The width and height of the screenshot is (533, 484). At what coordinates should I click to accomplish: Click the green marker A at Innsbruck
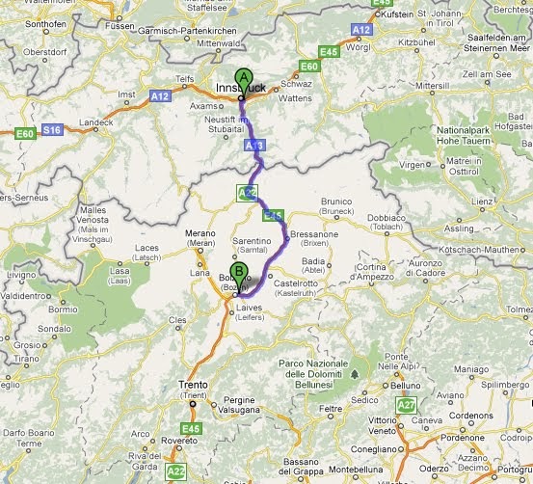244,78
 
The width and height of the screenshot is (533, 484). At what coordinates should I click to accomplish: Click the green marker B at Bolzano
238,273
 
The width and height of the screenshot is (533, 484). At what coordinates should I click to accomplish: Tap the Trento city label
193,385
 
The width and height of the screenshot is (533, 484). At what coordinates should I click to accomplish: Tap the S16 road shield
52,128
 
